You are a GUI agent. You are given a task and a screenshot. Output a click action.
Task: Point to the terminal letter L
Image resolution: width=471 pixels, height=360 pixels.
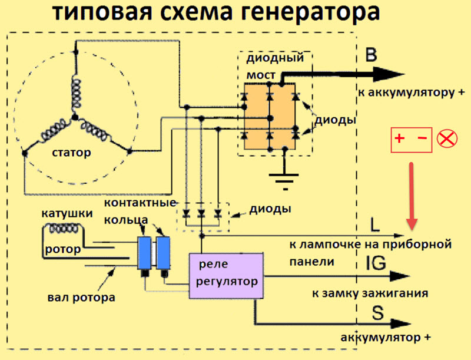pyautogui.click(x=377, y=224)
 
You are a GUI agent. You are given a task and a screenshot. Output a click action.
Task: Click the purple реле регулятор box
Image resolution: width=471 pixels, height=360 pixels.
pyautogui.click(x=225, y=275)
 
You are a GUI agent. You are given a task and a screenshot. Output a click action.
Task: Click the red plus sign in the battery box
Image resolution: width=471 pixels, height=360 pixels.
pyautogui.click(x=399, y=140)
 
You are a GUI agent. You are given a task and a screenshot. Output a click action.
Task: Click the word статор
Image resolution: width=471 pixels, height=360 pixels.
pyautogui.click(x=72, y=153)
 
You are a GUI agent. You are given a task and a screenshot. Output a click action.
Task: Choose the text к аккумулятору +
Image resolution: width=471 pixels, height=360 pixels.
pyautogui.click(x=406, y=93)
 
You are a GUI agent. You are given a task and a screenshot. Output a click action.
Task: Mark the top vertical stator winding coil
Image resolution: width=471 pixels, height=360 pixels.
pyautogui.click(x=75, y=91)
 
